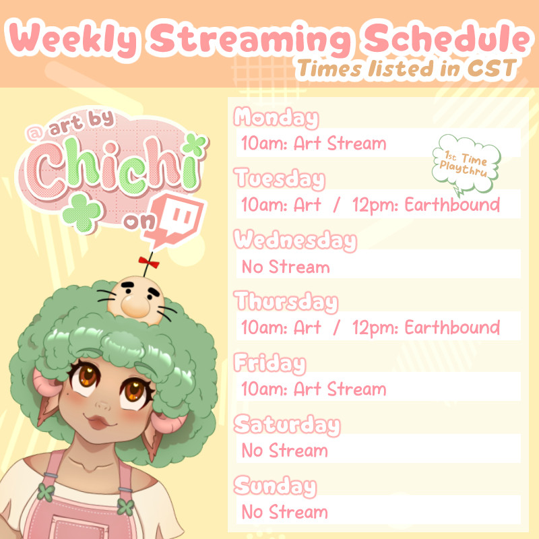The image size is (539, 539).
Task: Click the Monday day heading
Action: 276,118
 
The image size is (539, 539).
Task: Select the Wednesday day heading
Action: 295,241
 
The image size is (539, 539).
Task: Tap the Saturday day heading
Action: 287,425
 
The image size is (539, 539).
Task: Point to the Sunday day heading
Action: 275,486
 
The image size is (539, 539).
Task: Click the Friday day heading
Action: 270,363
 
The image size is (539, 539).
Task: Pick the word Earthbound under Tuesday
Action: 452,205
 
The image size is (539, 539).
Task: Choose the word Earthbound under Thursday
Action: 452,327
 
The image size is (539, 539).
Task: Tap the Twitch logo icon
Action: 175,220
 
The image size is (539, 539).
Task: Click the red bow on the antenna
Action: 149,262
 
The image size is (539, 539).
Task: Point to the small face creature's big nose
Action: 135,307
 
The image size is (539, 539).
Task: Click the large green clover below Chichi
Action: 82,212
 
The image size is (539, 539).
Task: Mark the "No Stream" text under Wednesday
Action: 286,267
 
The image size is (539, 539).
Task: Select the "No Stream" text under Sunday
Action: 285,512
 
